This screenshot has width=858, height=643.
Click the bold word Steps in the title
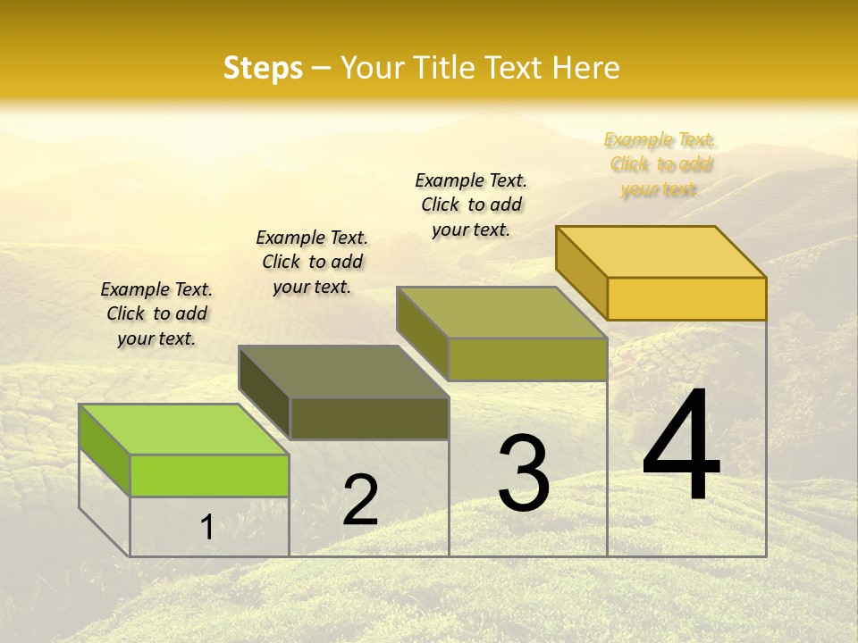[x=263, y=68]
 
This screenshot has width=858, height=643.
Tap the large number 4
[x=681, y=446]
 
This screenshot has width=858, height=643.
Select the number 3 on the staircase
[x=524, y=472]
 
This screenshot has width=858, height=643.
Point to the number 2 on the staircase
[x=361, y=500]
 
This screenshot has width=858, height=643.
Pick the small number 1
[x=206, y=527]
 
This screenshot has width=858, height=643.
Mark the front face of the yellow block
[x=686, y=298]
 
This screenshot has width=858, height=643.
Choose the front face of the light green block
[x=209, y=475]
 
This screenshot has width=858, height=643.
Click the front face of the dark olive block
[x=369, y=418]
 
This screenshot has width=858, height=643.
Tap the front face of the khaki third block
[x=527, y=359]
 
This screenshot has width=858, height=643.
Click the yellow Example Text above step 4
[x=660, y=164]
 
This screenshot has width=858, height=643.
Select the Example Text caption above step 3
[x=471, y=205]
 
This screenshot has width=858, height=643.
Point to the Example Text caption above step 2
[x=312, y=262]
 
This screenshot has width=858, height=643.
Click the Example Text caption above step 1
[x=156, y=313]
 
